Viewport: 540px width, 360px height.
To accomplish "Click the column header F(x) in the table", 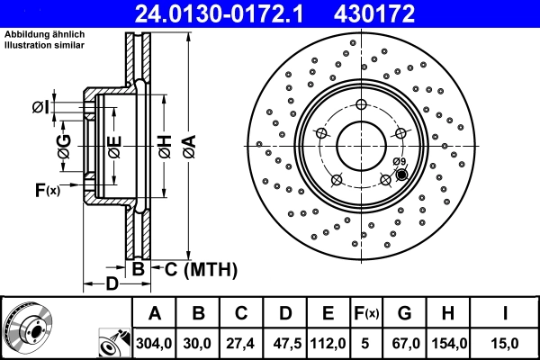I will click(x=366, y=313).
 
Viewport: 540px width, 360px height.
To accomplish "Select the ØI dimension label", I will click(x=40, y=108).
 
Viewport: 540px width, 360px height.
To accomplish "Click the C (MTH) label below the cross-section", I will click(x=200, y=268).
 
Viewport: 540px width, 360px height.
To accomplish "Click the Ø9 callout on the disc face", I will click(x=400, y=162).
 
